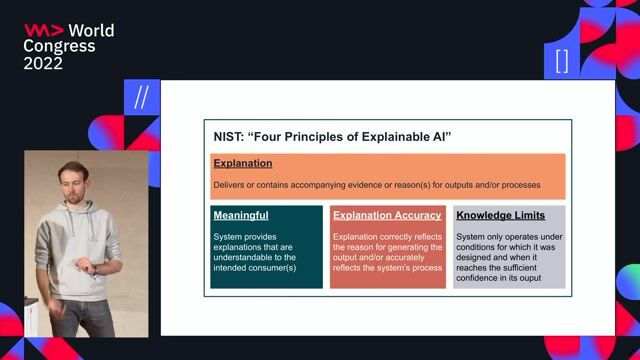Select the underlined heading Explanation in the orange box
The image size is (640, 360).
pyautogui.click(x=242, y=163)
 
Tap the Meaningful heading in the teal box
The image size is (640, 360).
pyautogui.click(x=241, y=215)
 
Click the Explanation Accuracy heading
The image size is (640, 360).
pyautogui.click(x=387, y=215)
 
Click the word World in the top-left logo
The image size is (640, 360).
pyautogui.click(x=91, y=30)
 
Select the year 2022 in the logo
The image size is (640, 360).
pyautogui.click(x=43, y=63)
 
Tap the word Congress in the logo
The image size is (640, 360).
pyautogui.click(x=59, y=46)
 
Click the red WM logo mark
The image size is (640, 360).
pyautogui.click(x=44, y=30)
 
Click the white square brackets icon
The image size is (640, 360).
pyautogui.click(x=561, y=61)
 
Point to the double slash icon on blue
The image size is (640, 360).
pyautogui.click(x=141, y=98)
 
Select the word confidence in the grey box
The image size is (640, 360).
pyautogui.click(x=480, y=278)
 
